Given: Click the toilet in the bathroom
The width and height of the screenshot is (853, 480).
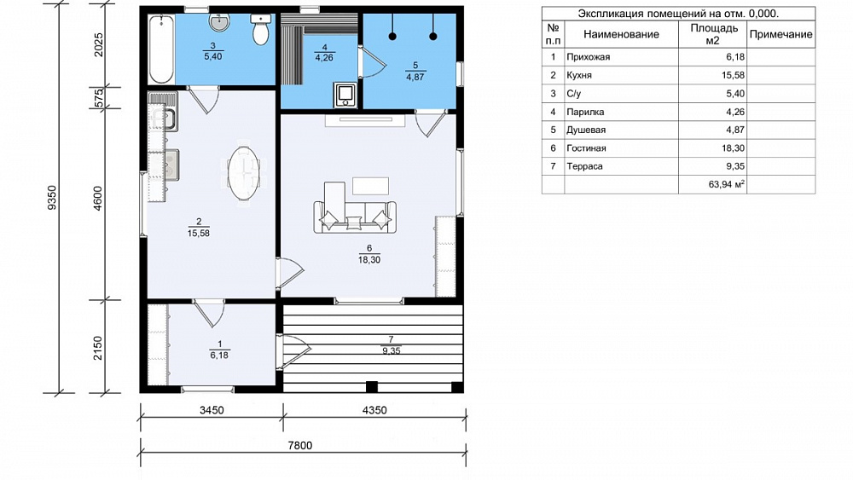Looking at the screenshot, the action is coord(261,29).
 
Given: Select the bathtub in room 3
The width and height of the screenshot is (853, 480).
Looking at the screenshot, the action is coord(161,49).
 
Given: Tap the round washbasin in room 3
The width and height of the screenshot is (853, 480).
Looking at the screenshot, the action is coord(219,22).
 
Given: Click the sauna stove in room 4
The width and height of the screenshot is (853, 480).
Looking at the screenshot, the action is coord(345,95).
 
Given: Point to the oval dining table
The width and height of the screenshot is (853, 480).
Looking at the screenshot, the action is coord(244,173).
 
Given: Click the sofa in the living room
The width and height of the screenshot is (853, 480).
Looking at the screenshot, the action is coord(355,217).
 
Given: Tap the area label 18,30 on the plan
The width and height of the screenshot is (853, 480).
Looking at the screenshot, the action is coord(369,260).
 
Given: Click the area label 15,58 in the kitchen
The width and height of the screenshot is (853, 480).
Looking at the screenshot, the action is coord(199,234).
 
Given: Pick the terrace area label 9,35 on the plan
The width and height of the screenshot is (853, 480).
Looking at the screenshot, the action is coord(392,351).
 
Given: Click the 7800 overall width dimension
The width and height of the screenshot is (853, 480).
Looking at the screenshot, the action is coord(299,445).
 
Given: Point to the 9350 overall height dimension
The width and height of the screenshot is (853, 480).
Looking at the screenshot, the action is coord(52,198).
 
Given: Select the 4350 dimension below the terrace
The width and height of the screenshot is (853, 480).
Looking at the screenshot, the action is coord(374,410).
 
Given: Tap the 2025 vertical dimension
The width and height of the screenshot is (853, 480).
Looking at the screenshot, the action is coord(98,45).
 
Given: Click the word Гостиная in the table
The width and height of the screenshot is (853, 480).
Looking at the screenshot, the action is coord(586,147).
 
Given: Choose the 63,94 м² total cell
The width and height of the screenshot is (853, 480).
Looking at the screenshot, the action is coord(726,184).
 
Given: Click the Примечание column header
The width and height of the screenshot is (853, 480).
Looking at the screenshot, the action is coord(780,34).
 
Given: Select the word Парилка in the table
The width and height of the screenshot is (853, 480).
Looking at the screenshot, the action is coord(585,112).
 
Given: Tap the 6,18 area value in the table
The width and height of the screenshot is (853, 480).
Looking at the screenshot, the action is coord(735,57).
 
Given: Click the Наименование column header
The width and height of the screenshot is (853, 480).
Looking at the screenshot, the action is coord(621,34).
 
